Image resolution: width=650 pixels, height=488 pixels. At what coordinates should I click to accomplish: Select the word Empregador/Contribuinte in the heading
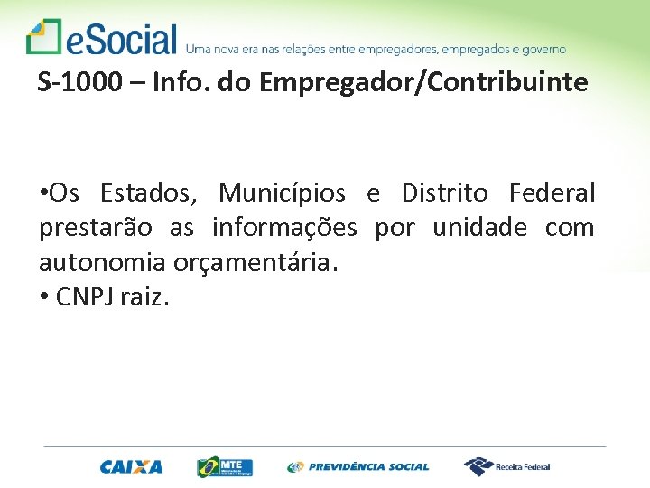[423, 83]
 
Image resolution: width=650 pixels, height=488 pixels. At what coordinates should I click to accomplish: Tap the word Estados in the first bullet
[153, 193]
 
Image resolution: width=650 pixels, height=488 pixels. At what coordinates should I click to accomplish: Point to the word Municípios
[282, 193]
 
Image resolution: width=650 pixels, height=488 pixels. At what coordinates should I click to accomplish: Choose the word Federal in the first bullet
[552, 193]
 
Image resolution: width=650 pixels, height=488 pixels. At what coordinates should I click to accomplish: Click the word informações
[284, 228]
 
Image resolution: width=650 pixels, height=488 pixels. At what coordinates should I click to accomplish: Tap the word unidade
[479, 228]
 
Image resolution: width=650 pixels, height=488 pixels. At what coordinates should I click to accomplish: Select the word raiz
[147, 296]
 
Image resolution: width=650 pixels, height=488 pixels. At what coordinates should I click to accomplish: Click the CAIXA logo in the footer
[132, 467]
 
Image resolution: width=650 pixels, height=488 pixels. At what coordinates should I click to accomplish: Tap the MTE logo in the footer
[226, 467]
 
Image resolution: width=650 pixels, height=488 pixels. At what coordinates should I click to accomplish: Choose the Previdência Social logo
[358, 467]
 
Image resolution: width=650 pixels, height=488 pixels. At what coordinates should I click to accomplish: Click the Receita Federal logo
[507, 467]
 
